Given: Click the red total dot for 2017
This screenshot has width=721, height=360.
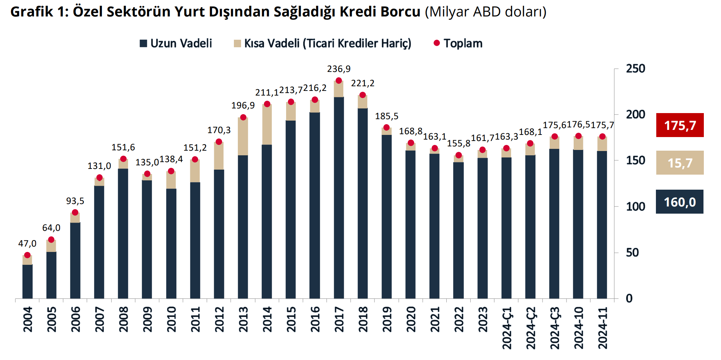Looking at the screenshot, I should (x=339, y=81).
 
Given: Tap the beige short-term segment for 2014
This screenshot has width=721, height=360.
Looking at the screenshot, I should (x=267, y=125).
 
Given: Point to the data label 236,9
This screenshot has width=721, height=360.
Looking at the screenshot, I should (x=339, y=69).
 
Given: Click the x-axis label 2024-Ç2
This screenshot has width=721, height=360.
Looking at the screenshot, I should (x=530, y=328).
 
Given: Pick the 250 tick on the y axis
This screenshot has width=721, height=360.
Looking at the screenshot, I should (x=636, y=69).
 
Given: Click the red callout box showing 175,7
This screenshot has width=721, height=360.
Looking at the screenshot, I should (x=680, y=125).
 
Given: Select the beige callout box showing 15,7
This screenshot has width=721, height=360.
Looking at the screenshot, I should (x=680, y=163).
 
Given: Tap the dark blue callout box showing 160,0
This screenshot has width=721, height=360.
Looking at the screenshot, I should (x=680, y=202).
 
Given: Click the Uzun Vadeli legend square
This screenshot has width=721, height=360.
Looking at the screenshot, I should (x=143, y=44).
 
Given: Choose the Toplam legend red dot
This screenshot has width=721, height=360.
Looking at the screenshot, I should (x=437, y=43).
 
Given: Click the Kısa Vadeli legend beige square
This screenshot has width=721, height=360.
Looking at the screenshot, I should (x=237, y=44).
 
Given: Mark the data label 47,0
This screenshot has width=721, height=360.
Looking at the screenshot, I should (x=28, y=244).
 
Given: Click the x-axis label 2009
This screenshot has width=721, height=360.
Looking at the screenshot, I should (x=147, y=319).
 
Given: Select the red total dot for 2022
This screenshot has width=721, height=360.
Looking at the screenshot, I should (x=458, y=155).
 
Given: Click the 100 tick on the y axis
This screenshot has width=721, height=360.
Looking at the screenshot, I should (x=636, y=206).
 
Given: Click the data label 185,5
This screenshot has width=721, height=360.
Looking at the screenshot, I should (x=387, y=116).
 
